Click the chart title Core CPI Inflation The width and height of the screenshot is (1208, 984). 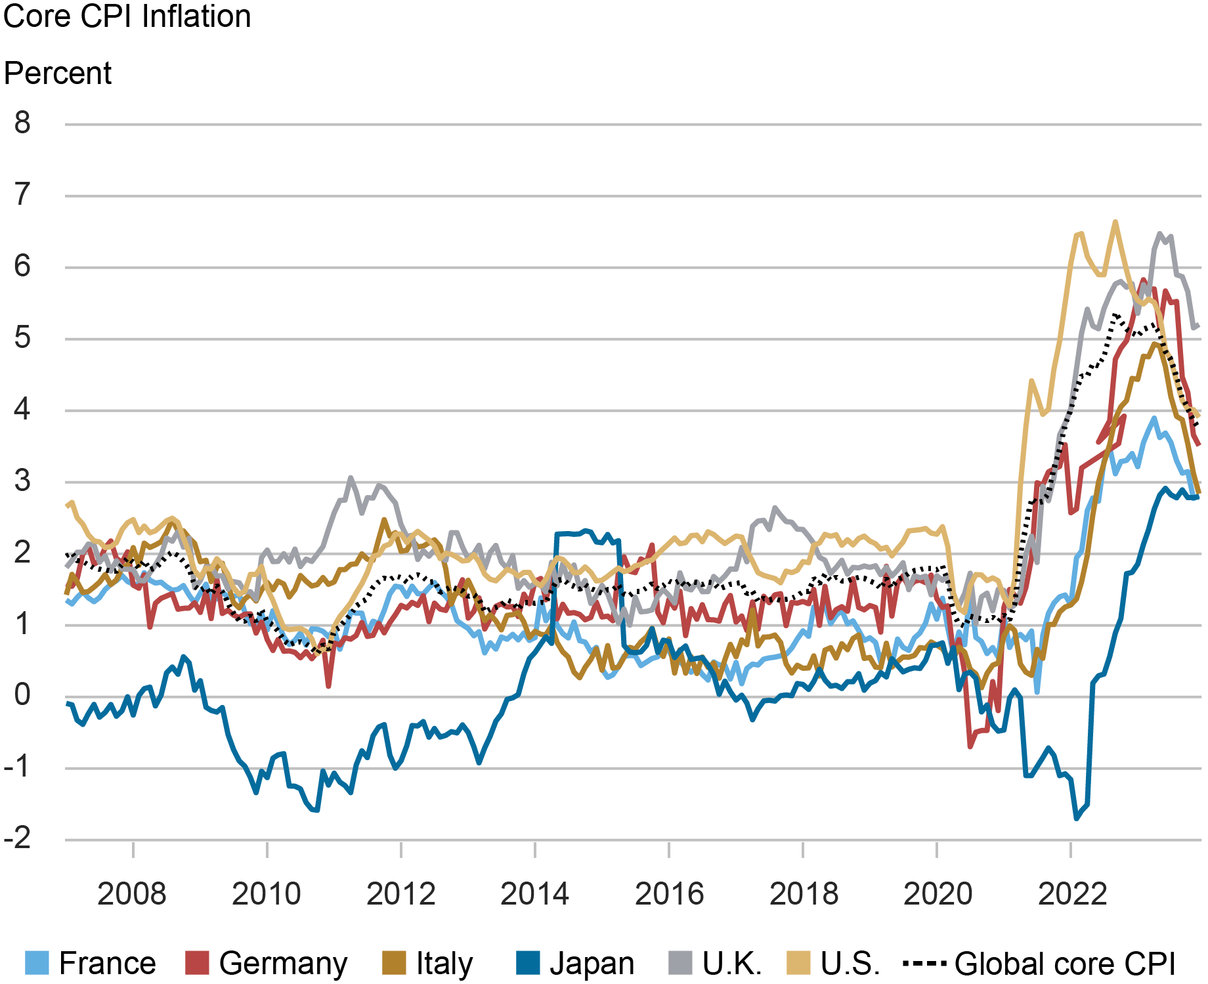click(x=127, y=16)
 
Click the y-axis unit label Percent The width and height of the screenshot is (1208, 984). click(x=58, y=74)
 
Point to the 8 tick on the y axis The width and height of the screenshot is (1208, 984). click(x=23, y=123)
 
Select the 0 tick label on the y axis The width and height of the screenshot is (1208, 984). click(x=23, y=695)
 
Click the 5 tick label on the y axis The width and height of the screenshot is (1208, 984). click(x=23, y=338)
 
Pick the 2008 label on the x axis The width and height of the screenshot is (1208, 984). click(x=132, y=894)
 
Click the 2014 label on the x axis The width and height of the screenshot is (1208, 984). click(x=534, y=894)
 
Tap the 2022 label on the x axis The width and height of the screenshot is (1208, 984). click(x=1072, y=894)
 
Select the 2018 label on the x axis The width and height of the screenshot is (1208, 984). click(x=804, y=894)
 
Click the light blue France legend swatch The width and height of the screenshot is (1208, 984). click(x=37, y=963)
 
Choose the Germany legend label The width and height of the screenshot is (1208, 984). click(x=283, y=963)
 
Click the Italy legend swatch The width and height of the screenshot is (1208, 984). click(x=394, y=963)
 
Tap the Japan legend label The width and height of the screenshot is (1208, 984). click(x=592, y=963)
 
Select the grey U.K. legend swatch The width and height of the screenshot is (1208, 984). click(x=680, y=963)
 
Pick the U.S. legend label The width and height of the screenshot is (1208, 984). click(x=850, y=963)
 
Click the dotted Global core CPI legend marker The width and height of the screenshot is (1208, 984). click(x=924, y=963)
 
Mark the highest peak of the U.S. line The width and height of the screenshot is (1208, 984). click(x=1115, y=222)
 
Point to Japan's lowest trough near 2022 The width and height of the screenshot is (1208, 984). click(x=1076, y=818)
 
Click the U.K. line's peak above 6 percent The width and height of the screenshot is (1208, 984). click(x=1160, y=234)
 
